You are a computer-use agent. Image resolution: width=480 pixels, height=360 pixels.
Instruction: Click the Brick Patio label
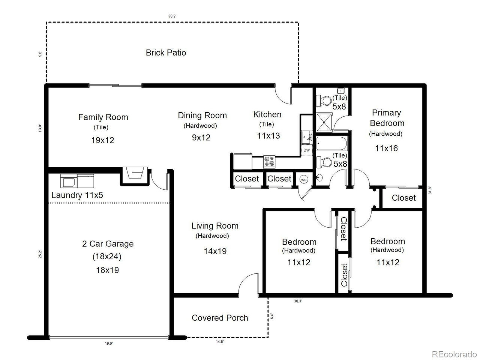(x=166, y=52)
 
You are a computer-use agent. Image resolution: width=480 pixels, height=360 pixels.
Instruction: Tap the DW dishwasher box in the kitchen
(x=307, y=150)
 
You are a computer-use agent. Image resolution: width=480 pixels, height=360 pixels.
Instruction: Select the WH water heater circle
(x=304, y=180)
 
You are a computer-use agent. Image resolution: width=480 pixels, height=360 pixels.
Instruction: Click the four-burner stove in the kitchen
(x=269, y=162)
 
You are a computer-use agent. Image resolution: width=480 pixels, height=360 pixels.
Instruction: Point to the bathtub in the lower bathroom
(x=331, y=144)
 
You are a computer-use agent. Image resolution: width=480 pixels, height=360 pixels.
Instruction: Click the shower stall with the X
(x=324, y=123)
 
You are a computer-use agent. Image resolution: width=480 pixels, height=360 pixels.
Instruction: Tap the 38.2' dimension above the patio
(x=172, y=16)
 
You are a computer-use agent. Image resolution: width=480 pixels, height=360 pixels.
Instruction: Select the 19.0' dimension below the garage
(x=109, y=343)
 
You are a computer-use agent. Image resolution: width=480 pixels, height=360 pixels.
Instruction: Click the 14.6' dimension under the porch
(x=219, y=342)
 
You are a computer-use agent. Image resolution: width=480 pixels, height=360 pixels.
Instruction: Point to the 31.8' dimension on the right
(x=430, y=190)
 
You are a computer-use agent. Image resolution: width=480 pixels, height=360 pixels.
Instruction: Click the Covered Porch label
(x=220, y=318)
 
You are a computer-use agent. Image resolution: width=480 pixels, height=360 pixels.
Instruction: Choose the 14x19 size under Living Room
(x=215, y=251)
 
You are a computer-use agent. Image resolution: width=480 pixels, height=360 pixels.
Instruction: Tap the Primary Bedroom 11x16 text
(x=386, y=148)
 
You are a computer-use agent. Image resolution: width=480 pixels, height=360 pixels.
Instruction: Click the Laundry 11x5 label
(x=77, y=195)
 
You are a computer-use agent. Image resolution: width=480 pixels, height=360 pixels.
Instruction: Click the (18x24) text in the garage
(x=107, y=256)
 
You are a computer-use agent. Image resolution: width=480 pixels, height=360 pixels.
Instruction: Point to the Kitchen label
(x=267, y=114)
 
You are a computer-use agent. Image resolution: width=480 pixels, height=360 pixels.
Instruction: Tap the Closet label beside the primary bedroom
(x=403, y=198)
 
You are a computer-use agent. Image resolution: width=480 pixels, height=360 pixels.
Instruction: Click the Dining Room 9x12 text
(x=201, y=138)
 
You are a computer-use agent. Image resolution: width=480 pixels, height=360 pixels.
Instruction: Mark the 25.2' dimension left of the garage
(x=40, y=254)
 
